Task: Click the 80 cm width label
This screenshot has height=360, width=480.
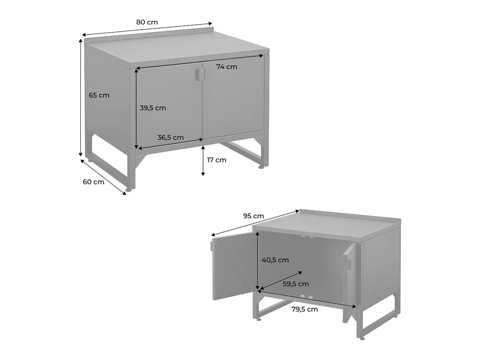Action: pyautogui.click(x=147, y=22)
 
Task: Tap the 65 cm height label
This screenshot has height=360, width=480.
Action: pyautogui.click(x=99, y=95)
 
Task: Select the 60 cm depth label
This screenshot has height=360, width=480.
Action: pyautogui.click(x=93, y=182)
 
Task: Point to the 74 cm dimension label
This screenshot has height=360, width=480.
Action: pyautogui.click(x=227, y=67)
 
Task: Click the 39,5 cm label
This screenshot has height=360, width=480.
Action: pyautogui.click(x=153, y=108)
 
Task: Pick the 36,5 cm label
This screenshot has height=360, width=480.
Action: pyautogui.click(x=170, y=137)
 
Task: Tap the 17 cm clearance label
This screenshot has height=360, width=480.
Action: pyautogui.click(x=216, y=160)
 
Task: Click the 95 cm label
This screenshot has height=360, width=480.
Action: pyautogui.click(x=253, y=216)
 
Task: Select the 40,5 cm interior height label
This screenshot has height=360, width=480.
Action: pyautogui.click(x=275, y=260)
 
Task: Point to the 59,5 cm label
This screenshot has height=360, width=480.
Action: pyautogui.click(x=296, y=284)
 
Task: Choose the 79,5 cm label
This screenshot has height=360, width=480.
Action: pyautogui.click(x=304, y=309)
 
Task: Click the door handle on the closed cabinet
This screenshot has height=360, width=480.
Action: pyautogui.click(x=200, y=74)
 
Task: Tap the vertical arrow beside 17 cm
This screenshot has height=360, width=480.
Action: pyautogui.click(x=203, y=161)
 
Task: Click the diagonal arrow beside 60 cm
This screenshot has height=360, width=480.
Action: pyautogui.click(x=104, y=177)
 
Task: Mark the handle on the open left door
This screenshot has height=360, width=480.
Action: pyautogui.click(x=212, y=246)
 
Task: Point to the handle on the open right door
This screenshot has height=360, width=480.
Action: pyautogui.click(x=349, y=264)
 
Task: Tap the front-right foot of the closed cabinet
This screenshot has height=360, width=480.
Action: pyautogui.click(x=261, y=167)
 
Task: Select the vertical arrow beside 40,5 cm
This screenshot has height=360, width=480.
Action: pyautogui.click(x=258, y=260)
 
